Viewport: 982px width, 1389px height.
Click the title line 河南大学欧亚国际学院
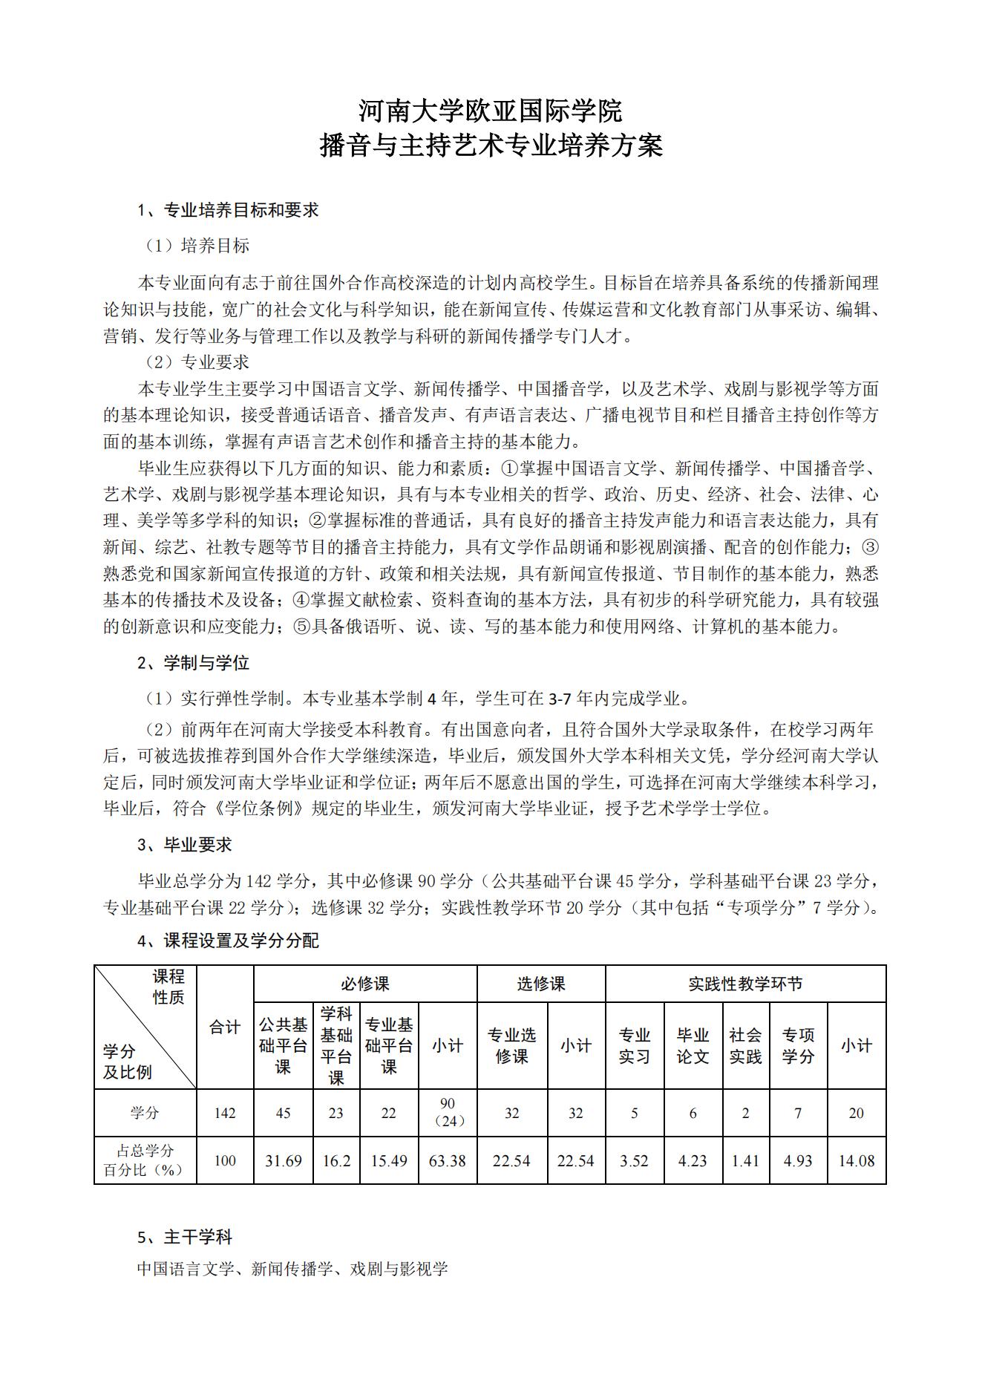(x=491, y=111)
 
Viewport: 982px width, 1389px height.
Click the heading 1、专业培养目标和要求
(x=229, y=210)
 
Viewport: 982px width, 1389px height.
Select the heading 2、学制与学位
(x=194, y=663)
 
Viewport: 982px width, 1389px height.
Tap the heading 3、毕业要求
(x=185, y=845)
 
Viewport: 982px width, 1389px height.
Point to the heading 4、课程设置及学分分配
(x=229, y=941)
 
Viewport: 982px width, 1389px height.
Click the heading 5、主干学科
(x=185, y=1238)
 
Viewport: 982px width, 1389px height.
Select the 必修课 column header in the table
(x=365, y=984)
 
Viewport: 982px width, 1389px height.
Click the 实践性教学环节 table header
(x=745, y=984)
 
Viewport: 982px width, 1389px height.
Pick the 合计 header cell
(x=225, y=1027)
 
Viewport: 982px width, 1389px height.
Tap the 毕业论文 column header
(x=693, y=1045)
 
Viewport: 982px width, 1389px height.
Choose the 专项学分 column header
(x=798, y=1045)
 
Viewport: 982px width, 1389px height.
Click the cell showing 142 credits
(x=225, y=1113)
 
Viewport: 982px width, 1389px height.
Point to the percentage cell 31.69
(x=283, y=1160)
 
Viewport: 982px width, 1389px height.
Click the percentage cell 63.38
(x=448, y=1160)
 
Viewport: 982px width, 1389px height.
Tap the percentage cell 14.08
(x=856, y=1160)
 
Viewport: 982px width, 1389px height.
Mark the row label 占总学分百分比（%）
(x=145, y=1160)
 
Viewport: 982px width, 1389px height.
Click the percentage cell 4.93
(x=798, y=1160)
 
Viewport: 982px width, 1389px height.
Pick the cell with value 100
(x=225, y=1160)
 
